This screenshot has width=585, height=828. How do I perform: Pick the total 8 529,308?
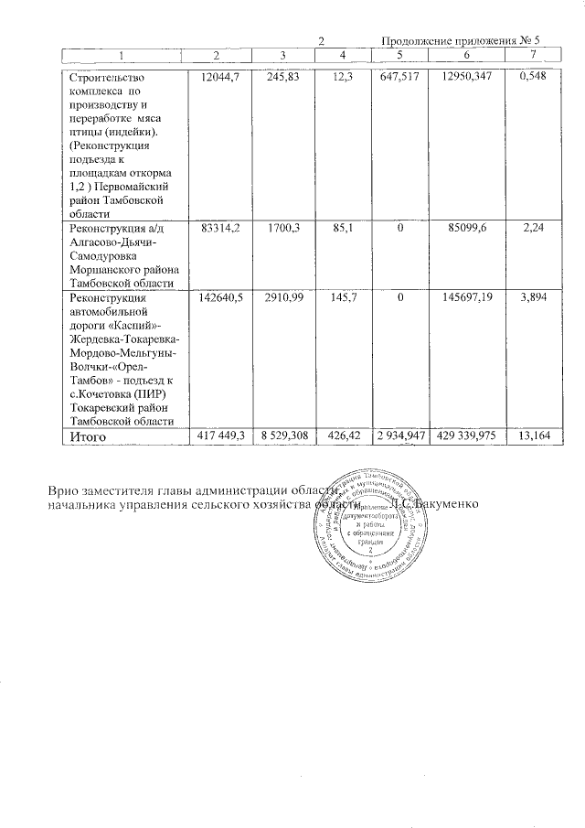[281, 437]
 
